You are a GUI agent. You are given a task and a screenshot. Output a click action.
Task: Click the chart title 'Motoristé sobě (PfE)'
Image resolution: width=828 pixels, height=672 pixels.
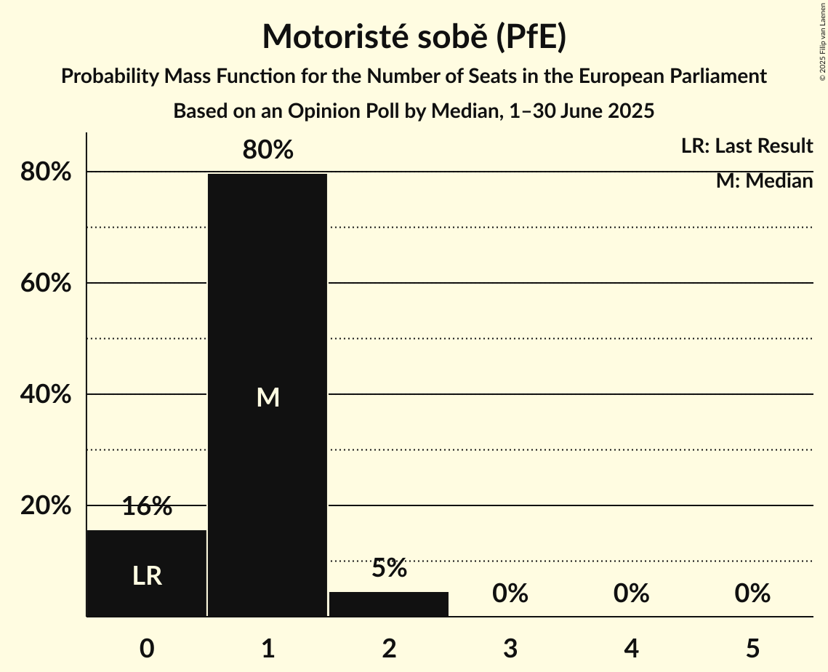pyautogui.click(x=414, y=36)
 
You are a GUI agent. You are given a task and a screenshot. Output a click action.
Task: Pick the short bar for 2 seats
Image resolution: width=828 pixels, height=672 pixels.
pyautogui.click(x=389, y=604)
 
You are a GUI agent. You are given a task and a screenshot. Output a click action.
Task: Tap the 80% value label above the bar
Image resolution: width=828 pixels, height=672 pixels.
pyautogui.click(x=268, y=150)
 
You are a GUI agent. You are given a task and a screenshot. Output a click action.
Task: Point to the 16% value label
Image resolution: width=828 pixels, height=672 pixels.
pyautogui.click(x=147, y=507)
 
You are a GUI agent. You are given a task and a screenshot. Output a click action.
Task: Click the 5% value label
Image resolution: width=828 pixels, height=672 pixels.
pyautogui.click(x=389, y=568)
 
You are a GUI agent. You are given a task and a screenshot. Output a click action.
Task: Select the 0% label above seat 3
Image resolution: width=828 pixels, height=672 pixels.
pyautogui.click(x=510, y=593)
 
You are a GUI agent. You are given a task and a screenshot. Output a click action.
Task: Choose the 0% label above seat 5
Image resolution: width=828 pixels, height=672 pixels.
pyautogui.click(x=752, y=593)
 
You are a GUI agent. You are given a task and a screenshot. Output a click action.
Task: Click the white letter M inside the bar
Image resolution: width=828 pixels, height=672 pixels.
pyautogui.click(x=268, y=397)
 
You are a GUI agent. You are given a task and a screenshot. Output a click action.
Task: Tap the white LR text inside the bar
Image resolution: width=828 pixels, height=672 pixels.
pyautogui.click(x=147, y=576)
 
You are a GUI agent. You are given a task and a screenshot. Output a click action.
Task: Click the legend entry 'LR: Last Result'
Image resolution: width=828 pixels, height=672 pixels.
pyautogui.click(x=747, y=146)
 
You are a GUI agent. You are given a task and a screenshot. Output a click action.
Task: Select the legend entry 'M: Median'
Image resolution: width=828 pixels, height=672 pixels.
pyautogui.click(x=764, y=181)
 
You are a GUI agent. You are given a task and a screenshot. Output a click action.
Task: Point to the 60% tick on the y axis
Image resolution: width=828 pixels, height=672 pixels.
pyautogui.click(x=45, y=283)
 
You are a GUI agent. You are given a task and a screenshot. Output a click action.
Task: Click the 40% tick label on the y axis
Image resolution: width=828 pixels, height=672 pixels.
pyautogui.click(x=45, y=394)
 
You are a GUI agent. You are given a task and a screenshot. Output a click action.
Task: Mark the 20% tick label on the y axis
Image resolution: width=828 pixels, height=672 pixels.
pyautogui.click(x=45, y=505)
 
